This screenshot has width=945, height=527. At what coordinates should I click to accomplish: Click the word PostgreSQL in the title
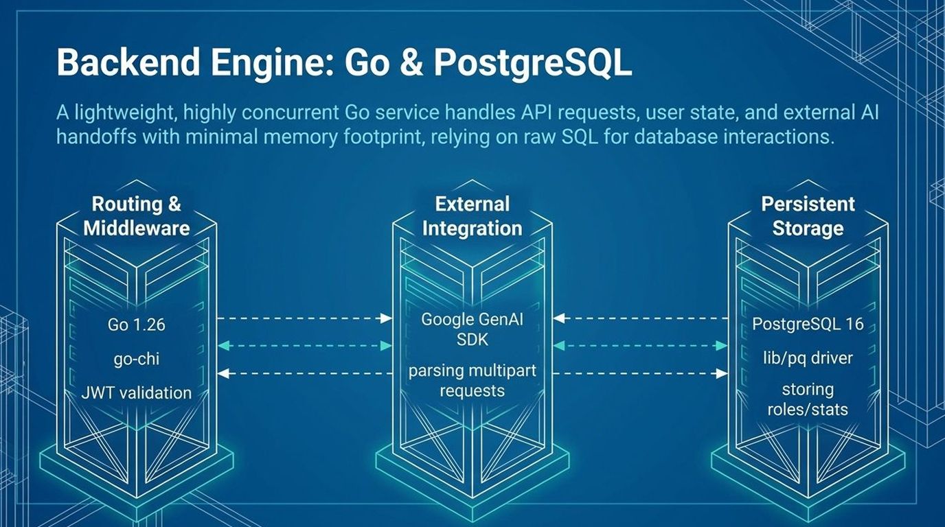coord(532,63)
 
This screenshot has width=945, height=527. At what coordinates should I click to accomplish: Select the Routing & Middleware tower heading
coord(136,215)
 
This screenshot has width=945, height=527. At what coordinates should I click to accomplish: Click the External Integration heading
coord(472,215)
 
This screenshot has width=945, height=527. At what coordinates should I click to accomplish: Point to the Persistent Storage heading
coord(808,215)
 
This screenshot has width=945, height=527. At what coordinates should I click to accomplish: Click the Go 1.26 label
coord(136,325)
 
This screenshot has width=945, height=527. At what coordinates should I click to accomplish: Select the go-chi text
coord(136,358)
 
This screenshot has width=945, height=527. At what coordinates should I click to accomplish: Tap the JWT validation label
coord(136,393)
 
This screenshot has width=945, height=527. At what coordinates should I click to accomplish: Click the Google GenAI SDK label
coord(472,329)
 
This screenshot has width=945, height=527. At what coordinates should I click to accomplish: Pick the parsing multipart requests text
coord(472,380)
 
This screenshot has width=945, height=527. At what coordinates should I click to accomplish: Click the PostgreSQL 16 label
coord(808,324)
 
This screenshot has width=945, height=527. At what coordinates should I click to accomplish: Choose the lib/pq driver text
coord(808,357)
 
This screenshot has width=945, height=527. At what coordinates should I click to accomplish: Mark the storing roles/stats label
coord(808,399)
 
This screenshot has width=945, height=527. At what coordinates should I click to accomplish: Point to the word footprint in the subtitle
coord(387,136)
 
